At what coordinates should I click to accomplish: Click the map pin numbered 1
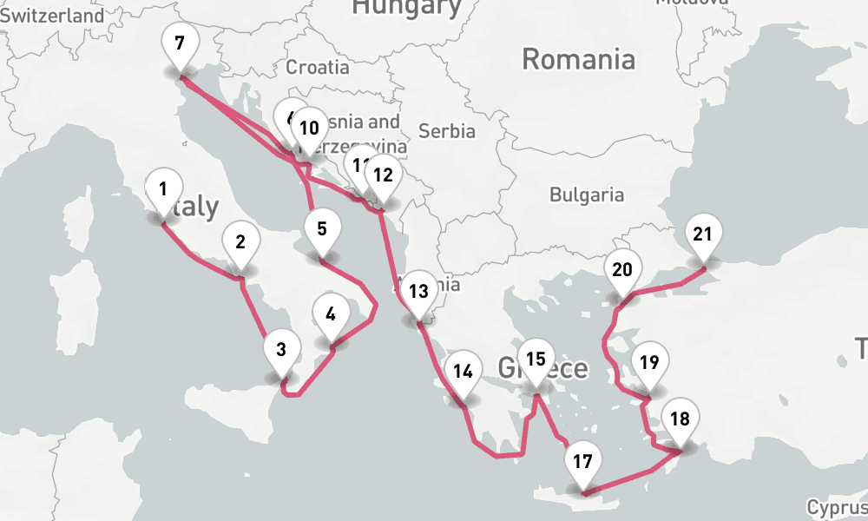click(162, 188)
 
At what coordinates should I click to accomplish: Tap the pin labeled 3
click(280, 351)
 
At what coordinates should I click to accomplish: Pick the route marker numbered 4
click(331, 315)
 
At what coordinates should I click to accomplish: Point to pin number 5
click(322, 230)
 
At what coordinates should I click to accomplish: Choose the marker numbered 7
click(180, 44)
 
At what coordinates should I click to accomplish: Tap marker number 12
click(383, 175)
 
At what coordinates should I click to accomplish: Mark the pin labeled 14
click(463, 373)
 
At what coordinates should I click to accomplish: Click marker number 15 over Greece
click(536, 359)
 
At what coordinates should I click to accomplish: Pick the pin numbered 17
click(582, 461)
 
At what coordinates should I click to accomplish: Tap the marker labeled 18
click(680, 420)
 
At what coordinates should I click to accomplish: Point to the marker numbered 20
click(622, 270)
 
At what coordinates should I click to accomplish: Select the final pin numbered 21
click(703, 234)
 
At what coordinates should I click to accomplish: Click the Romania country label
click(578, 60)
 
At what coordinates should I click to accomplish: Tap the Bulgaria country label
click(587, 195)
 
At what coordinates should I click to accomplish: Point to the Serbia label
click(446, 131)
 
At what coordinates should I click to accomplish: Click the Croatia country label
click(318, 67)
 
